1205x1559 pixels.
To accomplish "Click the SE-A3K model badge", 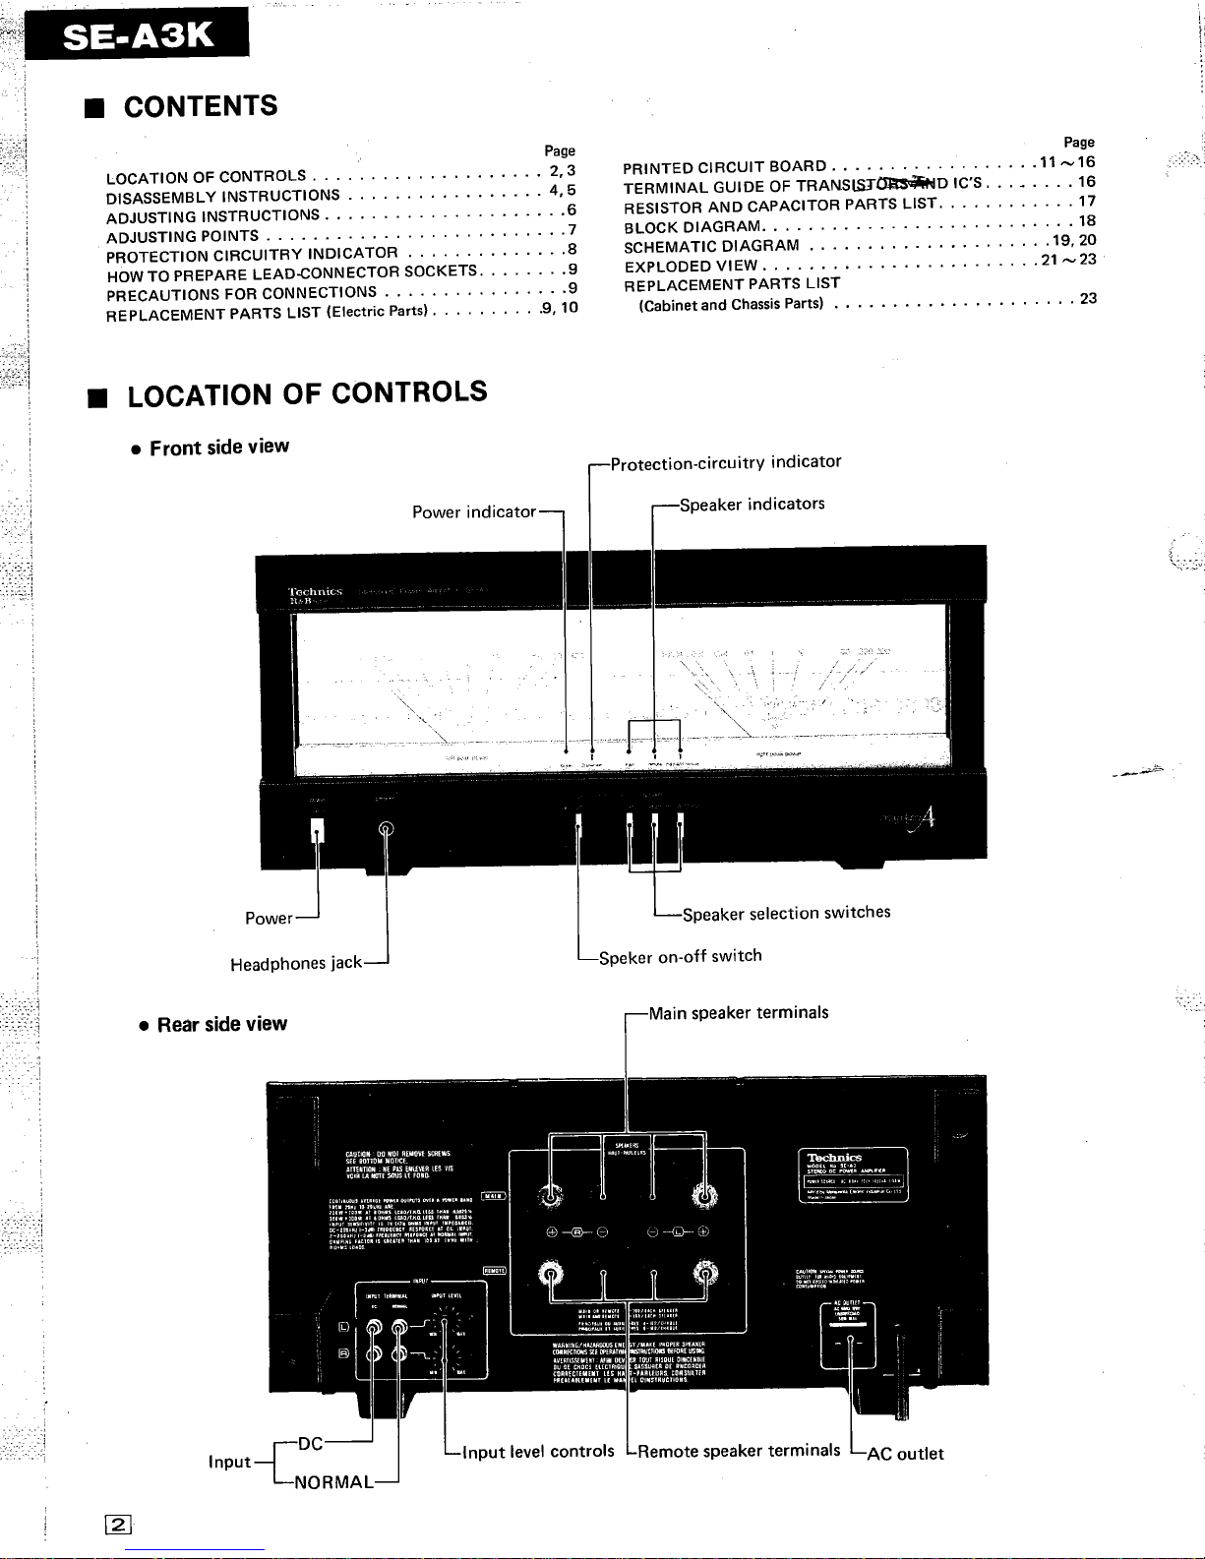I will [137, 36].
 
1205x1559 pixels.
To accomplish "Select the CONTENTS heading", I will [201, 106].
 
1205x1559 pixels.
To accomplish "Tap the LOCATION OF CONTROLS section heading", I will [307, 393].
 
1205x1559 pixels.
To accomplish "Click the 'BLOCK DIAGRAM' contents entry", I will [693, 226].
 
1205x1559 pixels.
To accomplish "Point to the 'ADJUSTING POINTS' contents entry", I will [183, 236].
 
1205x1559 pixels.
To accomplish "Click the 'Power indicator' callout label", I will [474, 511].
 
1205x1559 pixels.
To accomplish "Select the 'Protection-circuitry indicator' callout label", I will [725, 462].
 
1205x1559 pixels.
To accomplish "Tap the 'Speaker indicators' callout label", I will [752, 505].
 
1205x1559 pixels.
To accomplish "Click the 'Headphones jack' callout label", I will [295, 963].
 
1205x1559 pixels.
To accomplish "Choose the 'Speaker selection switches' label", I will [786, 913].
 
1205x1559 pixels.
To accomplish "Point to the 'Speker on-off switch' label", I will [680, 956].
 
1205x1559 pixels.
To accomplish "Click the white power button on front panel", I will [317, 830].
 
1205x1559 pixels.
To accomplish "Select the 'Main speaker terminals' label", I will [738, 1013].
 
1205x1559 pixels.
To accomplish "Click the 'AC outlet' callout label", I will [904, 1454].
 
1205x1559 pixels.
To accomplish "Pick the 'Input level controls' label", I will [538, 1452].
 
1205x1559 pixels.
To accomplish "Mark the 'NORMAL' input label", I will [333, 1482].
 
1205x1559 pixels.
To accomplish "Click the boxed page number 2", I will [118, 1526].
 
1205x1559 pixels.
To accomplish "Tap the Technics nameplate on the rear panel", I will [852, 1174].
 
